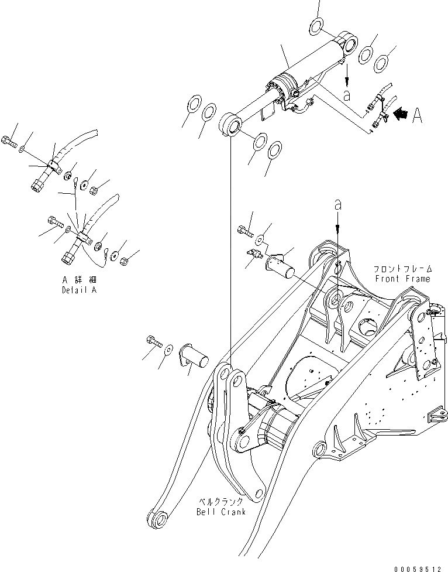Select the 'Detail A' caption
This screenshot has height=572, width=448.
[x=80, y=290]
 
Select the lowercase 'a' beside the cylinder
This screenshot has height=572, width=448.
[x=347, y=94]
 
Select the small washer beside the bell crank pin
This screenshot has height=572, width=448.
[x=168, y=350]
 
